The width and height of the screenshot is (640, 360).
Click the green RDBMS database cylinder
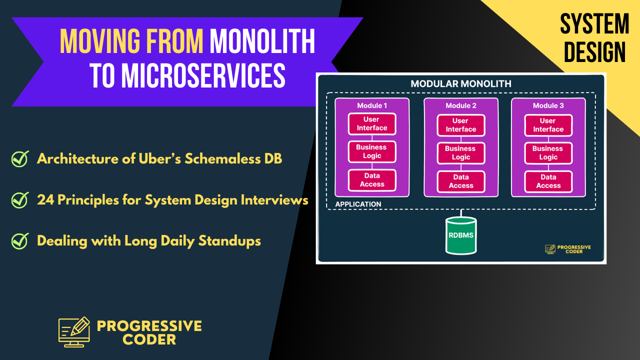click(x=461, y=235)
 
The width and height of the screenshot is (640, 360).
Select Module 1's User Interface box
click(x=371, y=123)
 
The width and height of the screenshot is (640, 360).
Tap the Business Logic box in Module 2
click(x=460, y=152)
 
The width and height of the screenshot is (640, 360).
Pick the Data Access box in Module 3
click(x=548, y=181)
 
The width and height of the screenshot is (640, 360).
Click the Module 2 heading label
click(x=460, y=105)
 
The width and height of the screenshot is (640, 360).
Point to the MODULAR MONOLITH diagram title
click(x=460, y=83)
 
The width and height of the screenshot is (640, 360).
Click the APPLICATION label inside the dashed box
click(x=358, y=204)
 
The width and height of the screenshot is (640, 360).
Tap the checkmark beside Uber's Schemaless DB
click(x=19, y=159)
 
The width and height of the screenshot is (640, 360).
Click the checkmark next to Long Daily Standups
click(x=19, y=241)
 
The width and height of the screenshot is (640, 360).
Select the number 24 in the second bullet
click(x=45, y=200)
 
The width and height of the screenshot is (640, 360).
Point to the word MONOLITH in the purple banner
click(x=262, y=41)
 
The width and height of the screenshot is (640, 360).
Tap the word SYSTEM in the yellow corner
click(x=594, y=24)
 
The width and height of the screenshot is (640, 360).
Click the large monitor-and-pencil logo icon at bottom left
click(x=74, y=331)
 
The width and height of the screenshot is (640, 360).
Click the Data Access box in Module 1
click(x=371, y=180)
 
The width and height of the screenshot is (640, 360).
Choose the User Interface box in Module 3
click(x=548, y=124)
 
